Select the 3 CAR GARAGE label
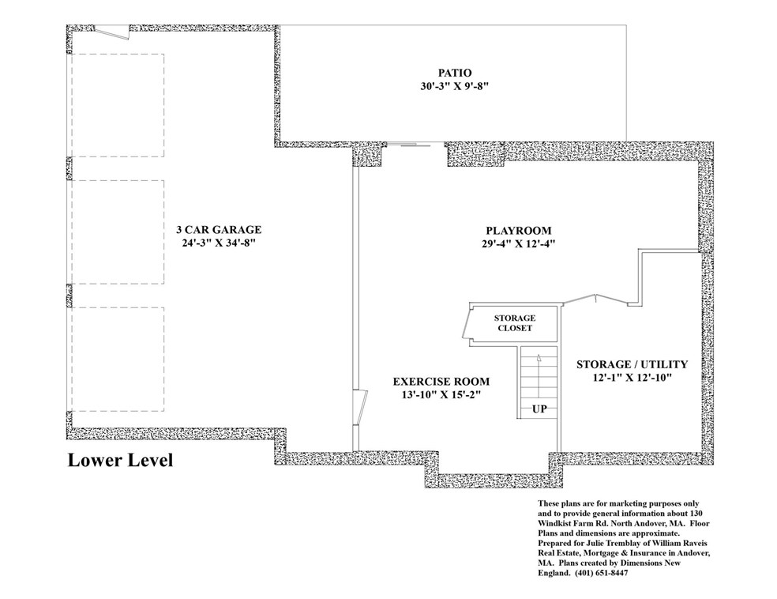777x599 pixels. [219, 230]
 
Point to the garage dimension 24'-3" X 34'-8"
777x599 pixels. [219, 243]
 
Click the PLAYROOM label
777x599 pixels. [518, 231]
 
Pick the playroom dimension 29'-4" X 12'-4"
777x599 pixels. [518, 243]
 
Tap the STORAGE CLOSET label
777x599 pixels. [514, 322]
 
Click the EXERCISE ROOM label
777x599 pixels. [441, 382]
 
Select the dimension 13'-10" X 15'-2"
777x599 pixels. [441, 394]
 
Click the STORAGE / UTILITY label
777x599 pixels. [632, 364]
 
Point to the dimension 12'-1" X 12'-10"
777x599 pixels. [632, 378]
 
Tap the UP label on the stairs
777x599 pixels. [539, 409]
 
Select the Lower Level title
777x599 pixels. [120, 460]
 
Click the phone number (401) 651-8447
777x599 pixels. [601, 573]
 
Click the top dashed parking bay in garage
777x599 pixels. [118, 105]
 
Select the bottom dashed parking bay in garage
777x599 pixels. [118, 359]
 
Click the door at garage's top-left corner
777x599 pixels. [112, 32]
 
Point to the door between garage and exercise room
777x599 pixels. [360, 408]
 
